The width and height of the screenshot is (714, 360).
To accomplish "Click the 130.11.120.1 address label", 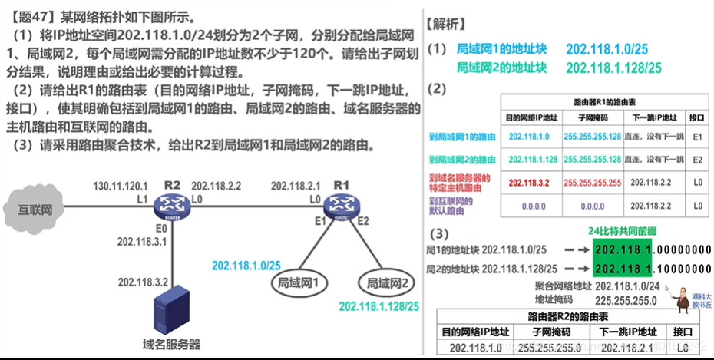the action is (119, 186).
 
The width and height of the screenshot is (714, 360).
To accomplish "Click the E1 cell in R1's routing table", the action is (697, 137).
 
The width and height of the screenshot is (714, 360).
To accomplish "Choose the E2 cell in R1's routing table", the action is (697, 160).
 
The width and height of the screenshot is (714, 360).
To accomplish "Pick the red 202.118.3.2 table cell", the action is (529, 183).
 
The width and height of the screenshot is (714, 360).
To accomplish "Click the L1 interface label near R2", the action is (142, 198).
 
